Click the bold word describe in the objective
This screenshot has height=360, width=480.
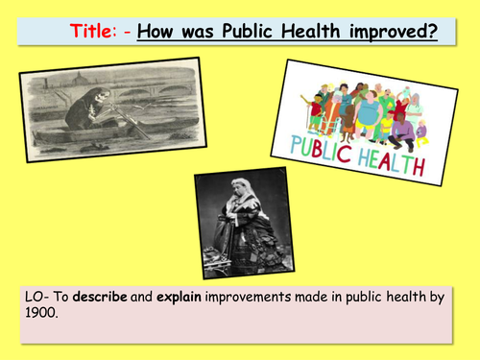click(x=91, y=298)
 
